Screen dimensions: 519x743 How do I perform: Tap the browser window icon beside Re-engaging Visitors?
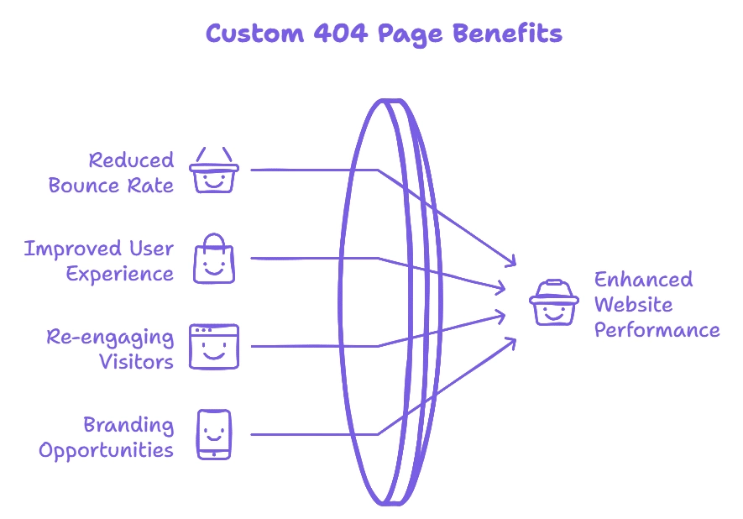(x=214, y=346)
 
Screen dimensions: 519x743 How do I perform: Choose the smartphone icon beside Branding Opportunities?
(x=213, y=434)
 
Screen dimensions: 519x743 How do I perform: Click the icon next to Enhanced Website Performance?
(x=553, y=303)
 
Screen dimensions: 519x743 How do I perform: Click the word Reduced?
(x=132, y=160)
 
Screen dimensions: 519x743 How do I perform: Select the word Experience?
(x=120, y=275)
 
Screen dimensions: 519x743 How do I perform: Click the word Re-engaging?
(x=111, y=338)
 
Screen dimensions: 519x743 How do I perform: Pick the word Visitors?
(x=137, y=363)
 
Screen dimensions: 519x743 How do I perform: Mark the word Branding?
(x=128, y=425)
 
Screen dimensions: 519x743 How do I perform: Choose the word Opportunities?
(x=107, y=451)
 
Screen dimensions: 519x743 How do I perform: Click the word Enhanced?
(x=644, y=280)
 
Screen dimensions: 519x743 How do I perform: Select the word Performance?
(x=657, y=329)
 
